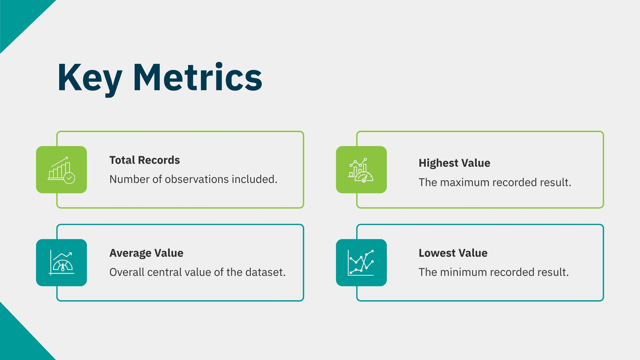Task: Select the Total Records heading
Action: point(144,160)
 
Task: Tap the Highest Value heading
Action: point(454,163)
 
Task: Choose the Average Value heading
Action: point(146,253)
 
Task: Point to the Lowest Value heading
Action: point(453,253)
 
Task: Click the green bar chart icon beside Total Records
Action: point(62,170)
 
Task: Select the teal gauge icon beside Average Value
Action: point(62,262)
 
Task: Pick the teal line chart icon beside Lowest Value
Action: point(361,262)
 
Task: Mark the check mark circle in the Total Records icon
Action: point(69,178)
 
